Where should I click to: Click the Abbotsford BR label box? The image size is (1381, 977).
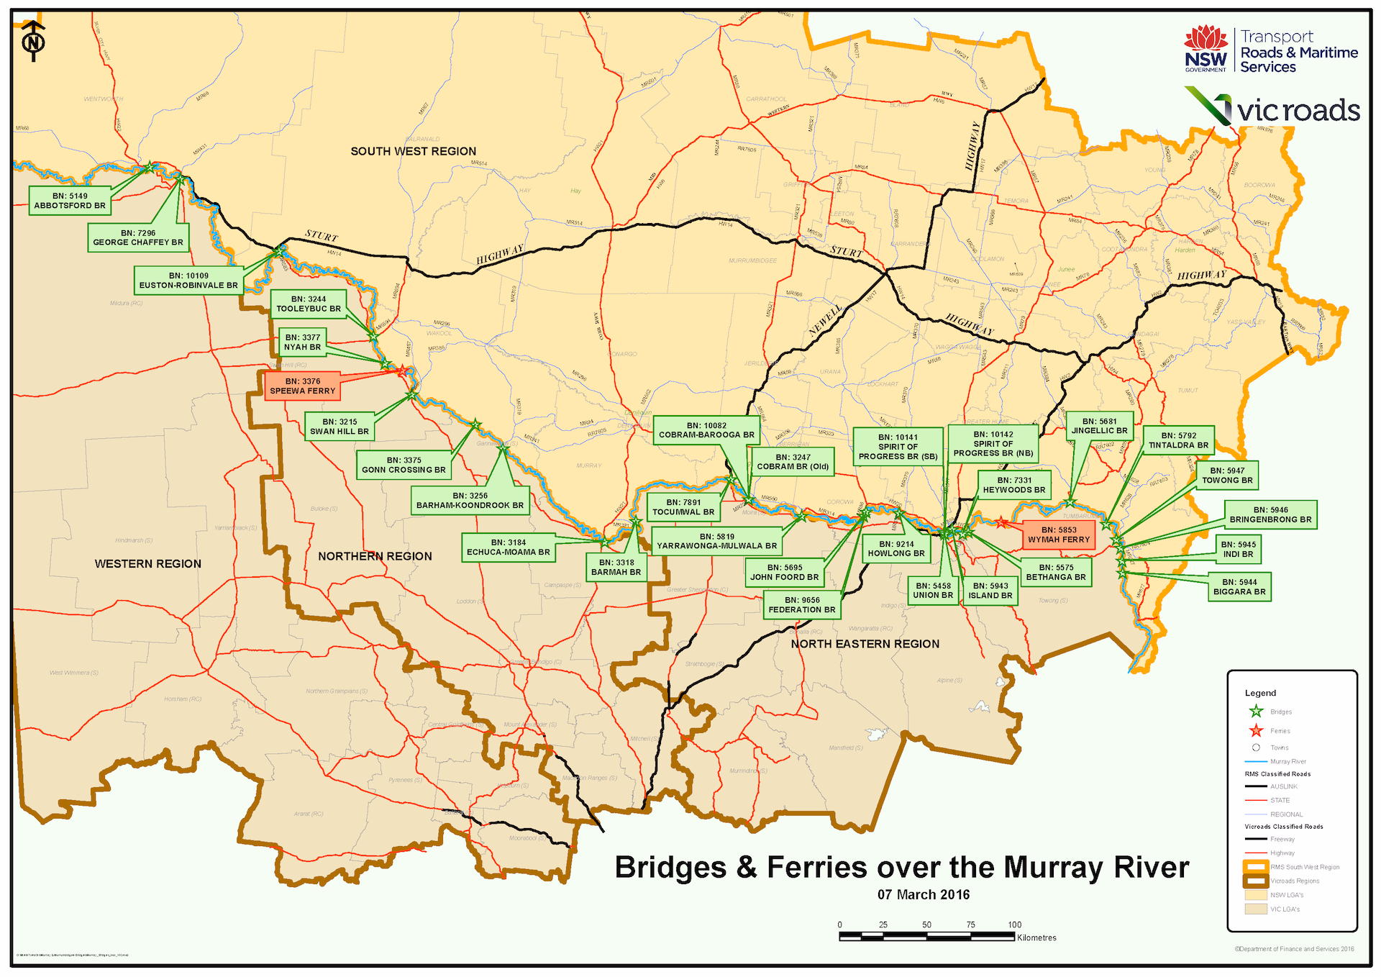click(70, 201)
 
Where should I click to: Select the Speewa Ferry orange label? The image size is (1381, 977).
click(302, 386)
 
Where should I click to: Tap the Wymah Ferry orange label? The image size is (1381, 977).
click(1058, 535)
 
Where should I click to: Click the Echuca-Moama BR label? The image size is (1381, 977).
click(508, 547)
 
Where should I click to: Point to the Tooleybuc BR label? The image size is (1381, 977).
click(309, 304)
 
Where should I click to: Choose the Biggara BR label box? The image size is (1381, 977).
click(1239, 587)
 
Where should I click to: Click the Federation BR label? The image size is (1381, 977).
click(801, 605)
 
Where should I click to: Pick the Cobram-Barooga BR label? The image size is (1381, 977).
click(706, 430)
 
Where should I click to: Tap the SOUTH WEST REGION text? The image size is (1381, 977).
click(413, 151)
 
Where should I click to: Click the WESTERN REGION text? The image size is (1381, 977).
click(147, 564)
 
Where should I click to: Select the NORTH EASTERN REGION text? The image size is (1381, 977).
click(865, 644)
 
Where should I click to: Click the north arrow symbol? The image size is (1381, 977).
click(33, 42)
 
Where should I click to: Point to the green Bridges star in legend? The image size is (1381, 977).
click(1256, 712)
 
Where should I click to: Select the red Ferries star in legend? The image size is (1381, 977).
click(1256, 731)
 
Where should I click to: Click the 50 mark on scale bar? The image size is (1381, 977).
click(926, 925)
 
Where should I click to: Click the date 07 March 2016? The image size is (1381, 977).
click(923, 895)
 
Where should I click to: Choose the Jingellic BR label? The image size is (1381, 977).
click(1099, 426)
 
